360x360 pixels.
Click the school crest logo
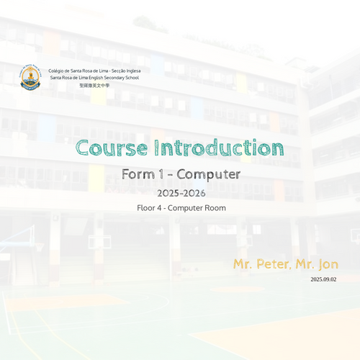click(x=30, y=77)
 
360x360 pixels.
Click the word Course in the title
click(x=112, y=148)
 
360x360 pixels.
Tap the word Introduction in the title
click(x=219, y=148)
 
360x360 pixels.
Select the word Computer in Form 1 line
click(x=209, y=174)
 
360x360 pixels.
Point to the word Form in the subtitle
click(x=138, y=174)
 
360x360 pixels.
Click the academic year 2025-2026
click(x=181, y=193)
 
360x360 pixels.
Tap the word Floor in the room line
click(x=146, y=208)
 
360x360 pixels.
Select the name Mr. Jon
click(x=317, y=264)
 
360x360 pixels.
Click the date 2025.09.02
click(x=323, y=279)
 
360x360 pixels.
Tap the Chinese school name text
click(x=94, y=85)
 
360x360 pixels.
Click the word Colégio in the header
click(x=56, y=71)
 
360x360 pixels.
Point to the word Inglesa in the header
click(x=133, y=71)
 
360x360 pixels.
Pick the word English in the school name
click(x=96, y=78)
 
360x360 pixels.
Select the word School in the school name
click(x=132, y=78)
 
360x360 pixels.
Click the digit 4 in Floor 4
click(x=159, y=208)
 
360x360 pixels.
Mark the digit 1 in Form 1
click(x=161, y=174)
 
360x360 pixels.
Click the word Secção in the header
click(x=118, y=71)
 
